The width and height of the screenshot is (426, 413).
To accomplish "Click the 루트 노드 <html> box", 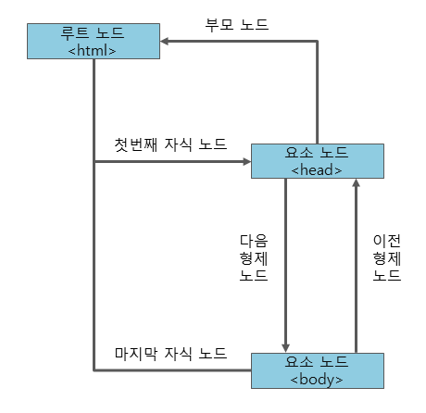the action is pos(94,41).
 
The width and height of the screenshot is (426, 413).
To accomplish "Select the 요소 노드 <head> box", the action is pos(318,161).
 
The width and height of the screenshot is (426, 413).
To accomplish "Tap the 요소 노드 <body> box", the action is pos(318,370).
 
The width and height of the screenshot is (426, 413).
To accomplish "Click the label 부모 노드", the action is pos(237,24).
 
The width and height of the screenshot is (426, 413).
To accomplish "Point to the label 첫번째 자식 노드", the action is pos(170,144).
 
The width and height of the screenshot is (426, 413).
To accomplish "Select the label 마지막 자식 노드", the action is pos(170,354).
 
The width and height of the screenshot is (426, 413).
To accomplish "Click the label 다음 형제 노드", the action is pos(254,257).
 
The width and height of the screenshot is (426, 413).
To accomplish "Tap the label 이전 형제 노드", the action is pos(387,257).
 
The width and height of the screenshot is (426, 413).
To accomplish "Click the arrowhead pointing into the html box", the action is pos(165,41).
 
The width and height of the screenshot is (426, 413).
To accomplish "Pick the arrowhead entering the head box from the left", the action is pos(247,161).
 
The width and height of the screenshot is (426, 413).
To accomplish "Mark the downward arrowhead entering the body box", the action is pos(285,347).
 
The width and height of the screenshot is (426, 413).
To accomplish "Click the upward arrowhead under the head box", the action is pos(357,183).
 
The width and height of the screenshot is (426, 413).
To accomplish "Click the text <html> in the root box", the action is pos(92,50).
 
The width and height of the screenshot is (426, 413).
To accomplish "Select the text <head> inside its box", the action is pos(317,170).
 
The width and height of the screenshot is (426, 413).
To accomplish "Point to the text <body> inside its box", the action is pos(317,380).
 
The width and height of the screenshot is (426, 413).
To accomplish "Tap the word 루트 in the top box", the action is pos(75,32).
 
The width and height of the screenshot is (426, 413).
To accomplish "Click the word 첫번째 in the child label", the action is pos(136,144).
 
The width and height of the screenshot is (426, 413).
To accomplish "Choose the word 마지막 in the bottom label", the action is pos(136,354).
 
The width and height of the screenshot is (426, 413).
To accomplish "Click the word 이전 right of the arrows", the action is pos(387,241).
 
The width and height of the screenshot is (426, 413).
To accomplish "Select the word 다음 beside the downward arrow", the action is pos(254,241).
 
